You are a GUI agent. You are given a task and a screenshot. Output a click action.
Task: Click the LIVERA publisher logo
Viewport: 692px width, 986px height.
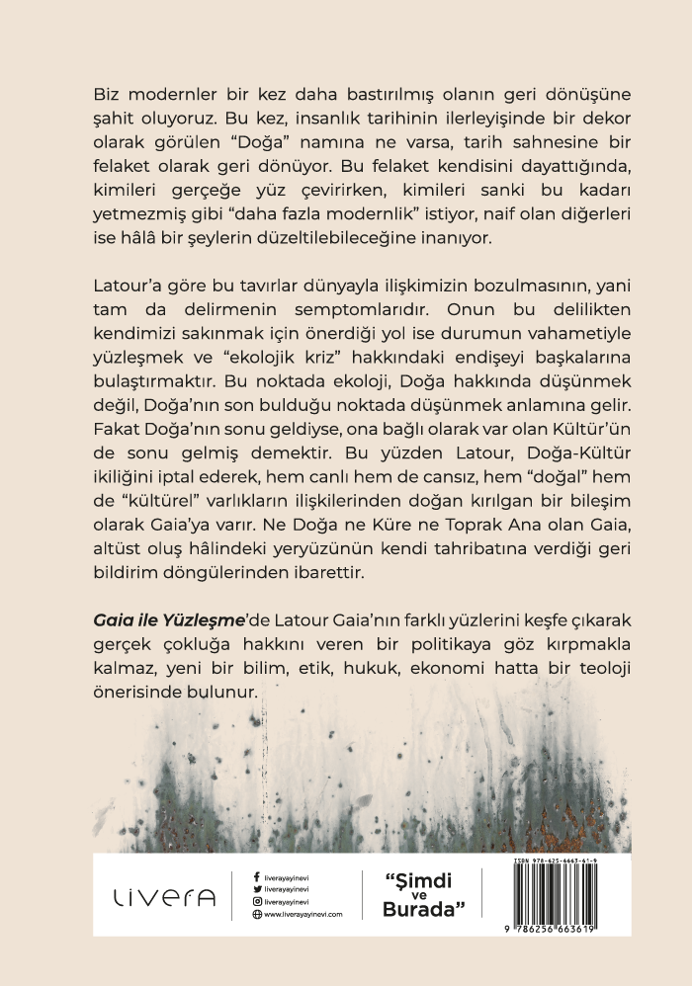click(163, 897)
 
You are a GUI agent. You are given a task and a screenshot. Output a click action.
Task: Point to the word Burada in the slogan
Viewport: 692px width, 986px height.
click(423, 910)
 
